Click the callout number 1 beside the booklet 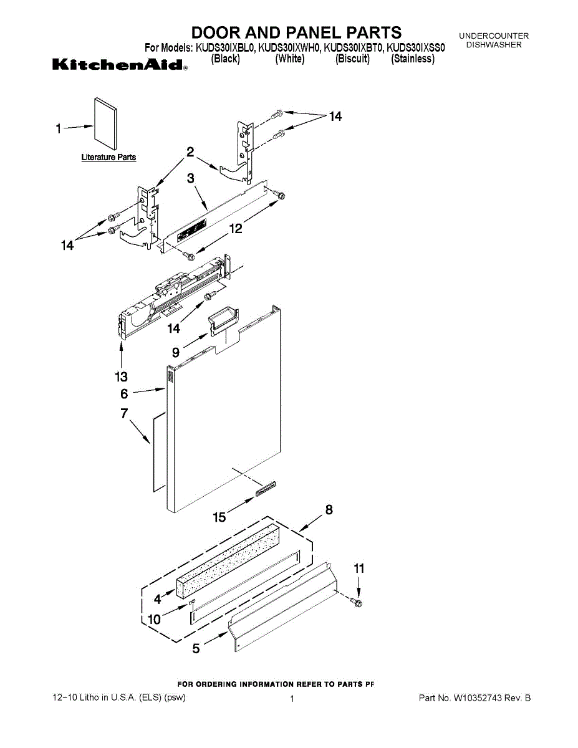[x=58, y=129]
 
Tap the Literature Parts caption [x=108, y=158]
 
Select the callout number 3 [x=191, y=178]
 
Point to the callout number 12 [x=236, y=229]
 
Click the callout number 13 [x=121, y=376]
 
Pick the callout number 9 [x=176, y=352]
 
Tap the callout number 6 [x=124, y=394]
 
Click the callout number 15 [x=219, y=517]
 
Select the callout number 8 [x=329, y=510]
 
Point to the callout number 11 [x=359, y=568]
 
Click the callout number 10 [x=154, y=619]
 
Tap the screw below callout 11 [x=358, y=602]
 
